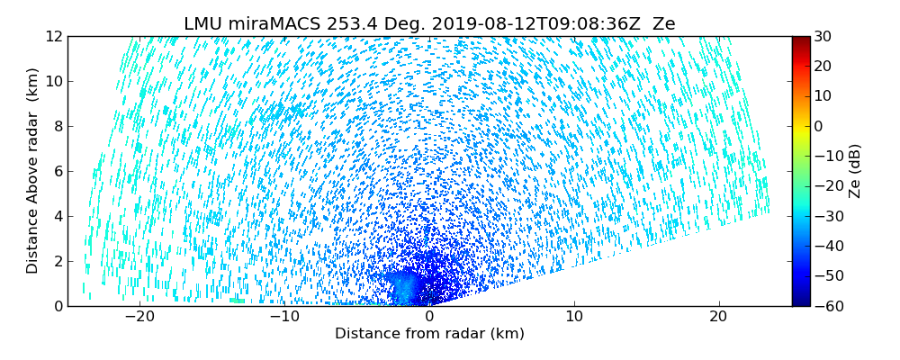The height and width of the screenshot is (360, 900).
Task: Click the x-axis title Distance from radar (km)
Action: [429, 334]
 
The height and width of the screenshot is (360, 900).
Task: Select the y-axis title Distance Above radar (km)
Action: [33, 171]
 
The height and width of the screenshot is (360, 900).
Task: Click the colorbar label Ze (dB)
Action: [854, 171]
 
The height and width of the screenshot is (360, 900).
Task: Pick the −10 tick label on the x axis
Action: [284, 317]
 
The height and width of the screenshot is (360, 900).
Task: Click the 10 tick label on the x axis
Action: [574, 317]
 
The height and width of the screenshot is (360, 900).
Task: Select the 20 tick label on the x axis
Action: [718, 317]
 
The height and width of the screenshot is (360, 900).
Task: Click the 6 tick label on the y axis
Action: [57, 171]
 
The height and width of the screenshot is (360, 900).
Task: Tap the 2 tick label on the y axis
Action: [57, 261]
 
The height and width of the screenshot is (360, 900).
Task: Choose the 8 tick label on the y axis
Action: [57, 126]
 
